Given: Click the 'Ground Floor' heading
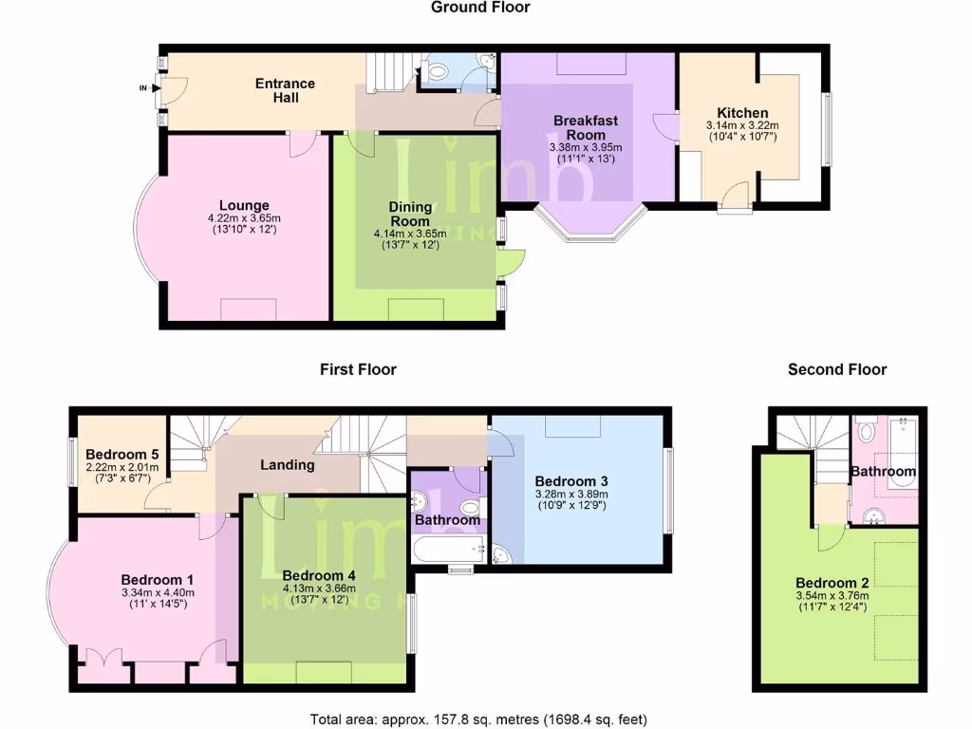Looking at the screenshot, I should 480,8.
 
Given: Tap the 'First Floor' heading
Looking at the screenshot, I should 358,369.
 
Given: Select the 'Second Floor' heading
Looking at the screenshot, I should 837,369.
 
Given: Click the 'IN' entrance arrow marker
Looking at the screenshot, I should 144,89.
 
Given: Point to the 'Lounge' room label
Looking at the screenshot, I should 244,205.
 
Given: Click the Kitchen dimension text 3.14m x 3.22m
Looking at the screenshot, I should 741,125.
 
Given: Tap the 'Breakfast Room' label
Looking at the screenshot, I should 586,127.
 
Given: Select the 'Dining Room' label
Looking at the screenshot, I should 411,214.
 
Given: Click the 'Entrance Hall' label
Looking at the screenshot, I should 285,90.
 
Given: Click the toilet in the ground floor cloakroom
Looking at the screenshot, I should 439,70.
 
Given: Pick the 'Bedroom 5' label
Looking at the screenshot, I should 121,454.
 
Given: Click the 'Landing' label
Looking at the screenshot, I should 288,465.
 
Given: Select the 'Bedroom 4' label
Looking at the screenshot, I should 318,575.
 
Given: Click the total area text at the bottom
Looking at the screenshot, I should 479,719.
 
